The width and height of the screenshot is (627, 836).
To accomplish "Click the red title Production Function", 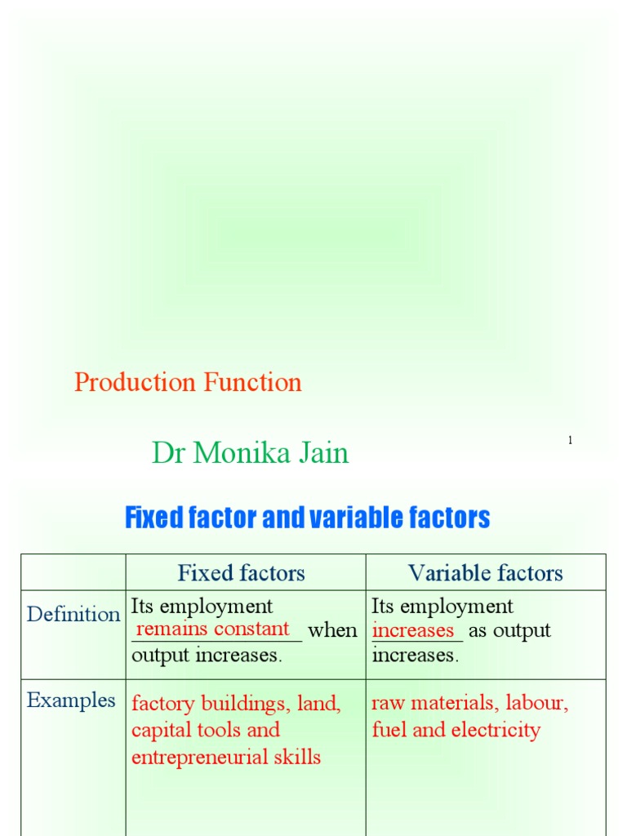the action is tap(188, 383).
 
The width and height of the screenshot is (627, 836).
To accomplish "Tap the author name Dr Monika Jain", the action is tap(250, 453).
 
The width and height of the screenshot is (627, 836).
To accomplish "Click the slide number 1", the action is tap(570, 441).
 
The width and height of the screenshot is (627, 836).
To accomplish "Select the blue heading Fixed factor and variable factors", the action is tap(307, 518).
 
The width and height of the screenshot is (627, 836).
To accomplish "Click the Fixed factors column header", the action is tap(242, 573).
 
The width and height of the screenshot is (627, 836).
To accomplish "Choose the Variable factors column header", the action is tap(486, 573).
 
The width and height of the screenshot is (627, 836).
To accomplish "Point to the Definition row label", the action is tap(73, 614).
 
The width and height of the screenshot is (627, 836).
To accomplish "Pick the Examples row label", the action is tap(71, 700).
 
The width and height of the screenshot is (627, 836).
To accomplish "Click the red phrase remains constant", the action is tap(213, 629).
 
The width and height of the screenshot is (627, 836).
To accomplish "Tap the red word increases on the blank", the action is tap(413, 630).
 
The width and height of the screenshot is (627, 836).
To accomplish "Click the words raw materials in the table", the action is tap(433, 703).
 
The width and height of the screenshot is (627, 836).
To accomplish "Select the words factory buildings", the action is tap(207, 703).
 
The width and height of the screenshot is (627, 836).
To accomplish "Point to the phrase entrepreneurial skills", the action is tap(226, 757).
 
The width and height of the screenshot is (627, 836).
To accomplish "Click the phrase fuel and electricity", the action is tap(456, 730).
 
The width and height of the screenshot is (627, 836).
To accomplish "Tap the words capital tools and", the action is tap(206, 730).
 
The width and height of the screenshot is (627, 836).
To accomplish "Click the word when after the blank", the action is tap(332, 630).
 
